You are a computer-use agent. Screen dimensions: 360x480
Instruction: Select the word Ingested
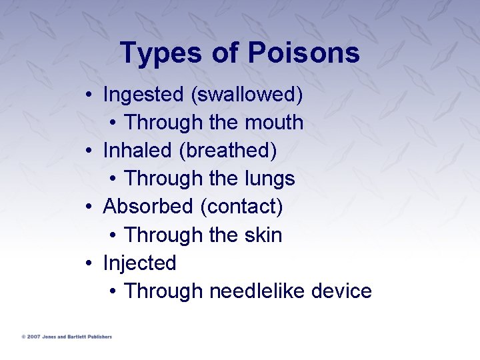(x=143, y=95)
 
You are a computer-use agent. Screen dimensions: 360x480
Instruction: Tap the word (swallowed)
(x=247, y=95)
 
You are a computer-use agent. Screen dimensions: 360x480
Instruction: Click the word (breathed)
(x=227, y=151)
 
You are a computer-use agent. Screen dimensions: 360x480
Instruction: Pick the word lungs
(x=270, y=179)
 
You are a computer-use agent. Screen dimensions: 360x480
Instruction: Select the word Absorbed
(x=148, y=207)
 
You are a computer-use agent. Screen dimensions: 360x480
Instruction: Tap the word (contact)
(x=241, y=207)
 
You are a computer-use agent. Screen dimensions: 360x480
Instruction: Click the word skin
(x=264, y=235)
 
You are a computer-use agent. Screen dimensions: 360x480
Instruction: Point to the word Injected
(x=139, y=263)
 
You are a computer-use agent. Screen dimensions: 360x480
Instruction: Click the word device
(x=342, y=291)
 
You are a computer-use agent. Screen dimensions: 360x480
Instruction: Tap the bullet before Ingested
(x=89, y=95)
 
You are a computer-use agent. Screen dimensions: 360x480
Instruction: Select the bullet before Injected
(x=89, y=264)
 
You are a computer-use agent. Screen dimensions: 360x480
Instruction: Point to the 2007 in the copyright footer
(x=34, y=337)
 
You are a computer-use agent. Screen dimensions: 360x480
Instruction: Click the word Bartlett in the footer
(x=76, y=337)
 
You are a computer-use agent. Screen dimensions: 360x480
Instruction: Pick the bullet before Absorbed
(x=89, y=207)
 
